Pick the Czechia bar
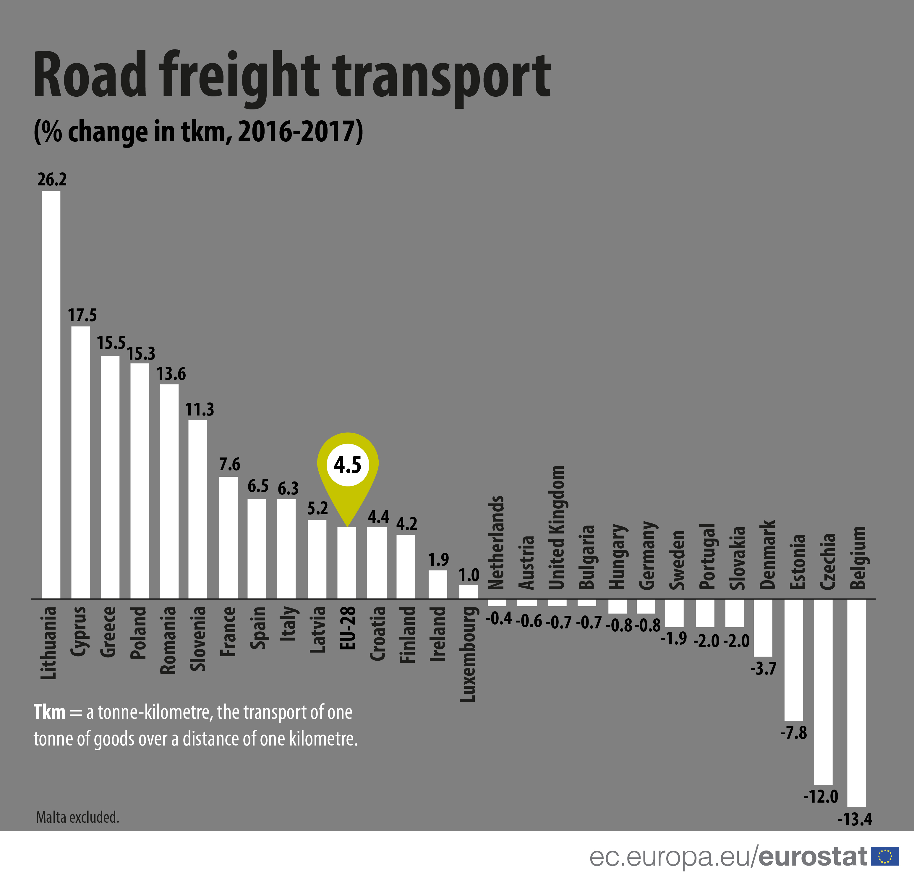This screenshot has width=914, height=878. click(x=823, y=691)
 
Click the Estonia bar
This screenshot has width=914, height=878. click(x=794, y=659)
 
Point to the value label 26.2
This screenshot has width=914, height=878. click(x=52, y=180)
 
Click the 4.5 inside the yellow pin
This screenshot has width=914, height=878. click(x=347, y=465)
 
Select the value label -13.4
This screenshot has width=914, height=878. click(x=855, y=819)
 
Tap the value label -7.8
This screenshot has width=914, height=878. click(x=794, y=733)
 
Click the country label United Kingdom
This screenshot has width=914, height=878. click(x=556, y=527)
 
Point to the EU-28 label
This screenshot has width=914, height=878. click(x=347, y=628)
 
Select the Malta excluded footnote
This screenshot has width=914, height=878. click(x=77, y=817)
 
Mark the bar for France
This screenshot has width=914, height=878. click(x=228, y=537)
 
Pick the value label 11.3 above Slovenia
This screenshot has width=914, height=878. click(x=200, y=410)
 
